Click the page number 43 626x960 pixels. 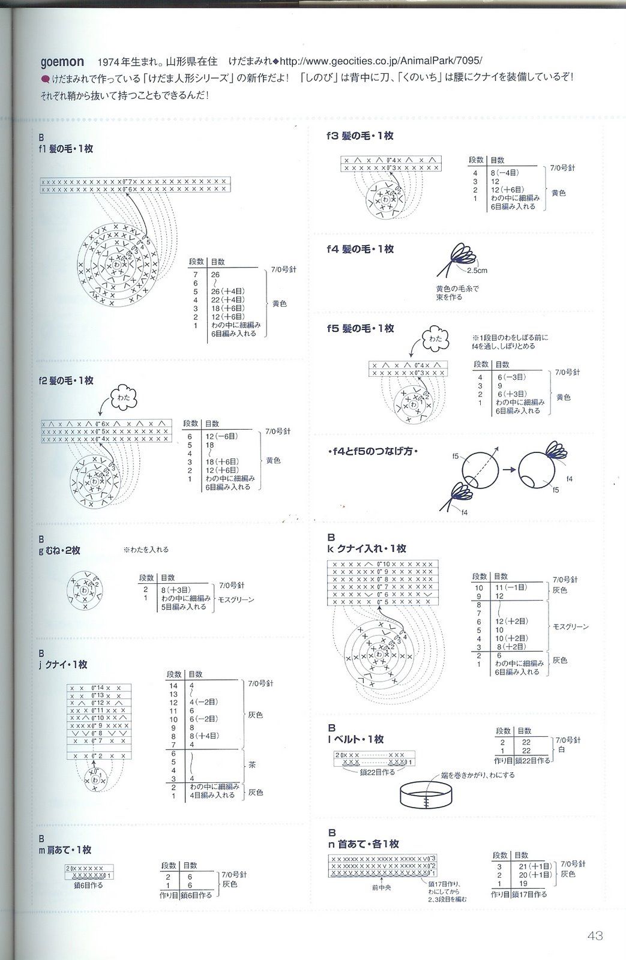click(595, 935)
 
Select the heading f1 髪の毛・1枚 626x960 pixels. click(66, 148)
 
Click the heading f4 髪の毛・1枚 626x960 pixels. click(360, 249)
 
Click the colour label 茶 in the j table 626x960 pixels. click(252, 766)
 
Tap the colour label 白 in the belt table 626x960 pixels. click(561, 749)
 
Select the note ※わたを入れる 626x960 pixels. click(146, 549)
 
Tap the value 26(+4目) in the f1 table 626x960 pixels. click(227, 292)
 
